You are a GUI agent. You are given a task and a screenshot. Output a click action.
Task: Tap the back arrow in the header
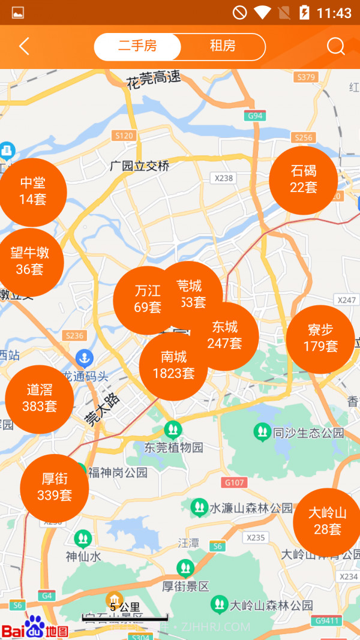(24, 47)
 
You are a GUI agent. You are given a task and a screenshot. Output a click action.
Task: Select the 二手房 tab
(137, 47)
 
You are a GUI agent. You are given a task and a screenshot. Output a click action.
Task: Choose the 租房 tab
(223, 47)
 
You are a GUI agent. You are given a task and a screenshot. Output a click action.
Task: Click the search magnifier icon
(335, 47)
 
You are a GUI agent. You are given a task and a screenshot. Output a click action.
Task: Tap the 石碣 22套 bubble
(303, 179)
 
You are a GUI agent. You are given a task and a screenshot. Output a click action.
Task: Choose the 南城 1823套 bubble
(173, 366)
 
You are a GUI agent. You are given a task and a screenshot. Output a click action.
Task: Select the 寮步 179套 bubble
(320, 338)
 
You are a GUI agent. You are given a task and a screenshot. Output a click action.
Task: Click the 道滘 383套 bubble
(40, 399)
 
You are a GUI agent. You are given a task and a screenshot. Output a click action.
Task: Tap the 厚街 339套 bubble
(55, 487)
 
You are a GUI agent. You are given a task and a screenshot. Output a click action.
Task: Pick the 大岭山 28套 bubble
(327, 521)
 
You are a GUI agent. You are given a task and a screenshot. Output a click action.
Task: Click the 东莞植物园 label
(174, 447)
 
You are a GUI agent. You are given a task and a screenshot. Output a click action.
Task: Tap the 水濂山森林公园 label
(251, 508)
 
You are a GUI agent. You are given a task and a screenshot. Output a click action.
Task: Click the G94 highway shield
(254, 116)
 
